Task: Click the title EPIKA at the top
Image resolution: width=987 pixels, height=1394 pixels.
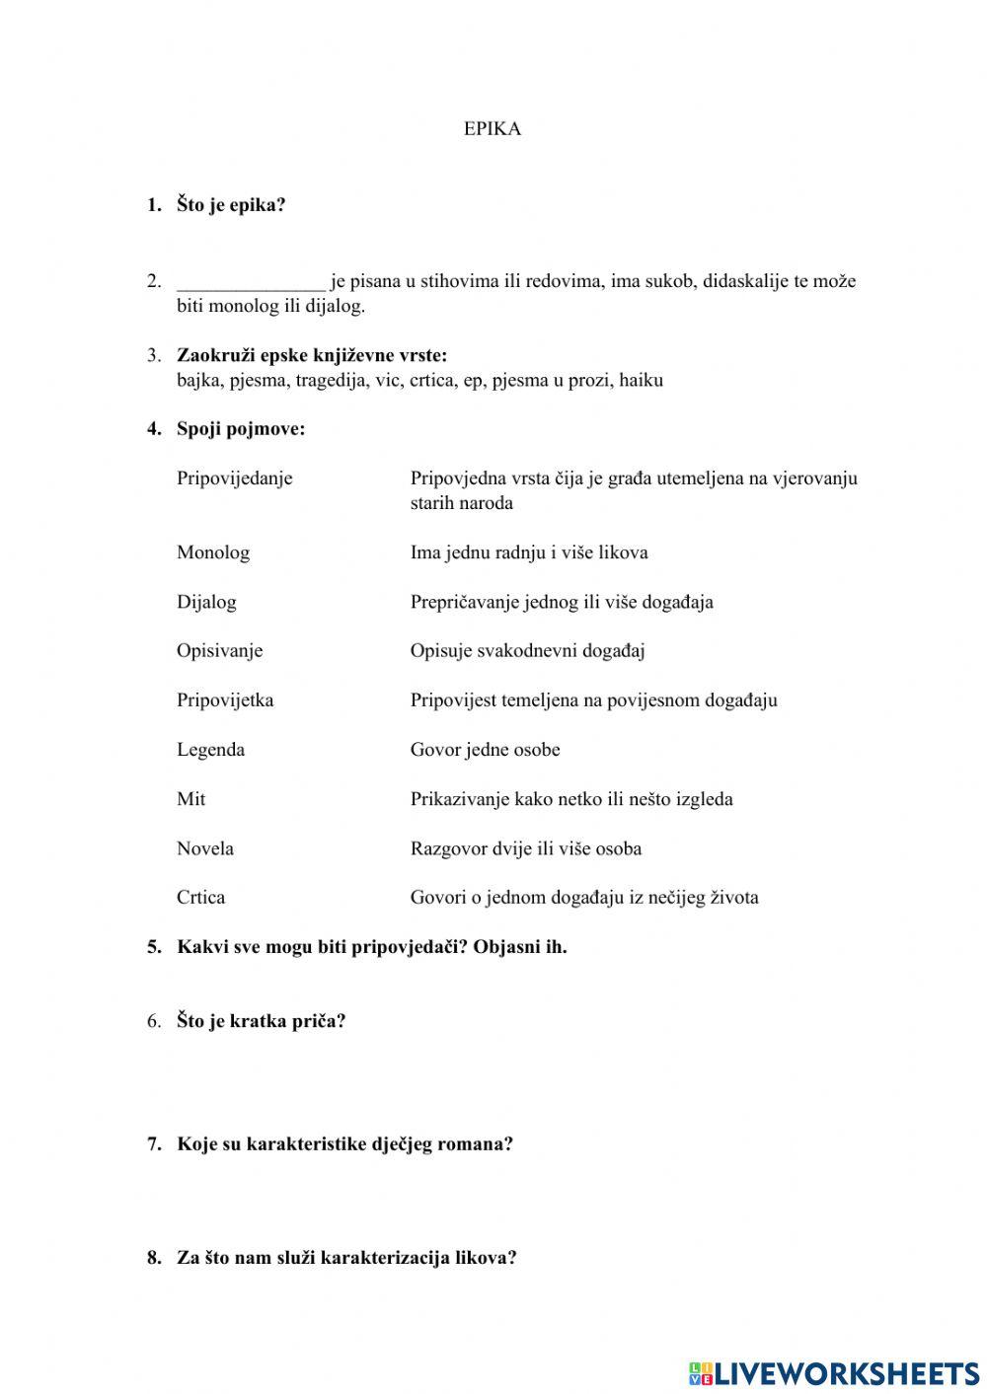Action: coord(492,129)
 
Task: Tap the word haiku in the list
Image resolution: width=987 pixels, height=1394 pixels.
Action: coord(641,381)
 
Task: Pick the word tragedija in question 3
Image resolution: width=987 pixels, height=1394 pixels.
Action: coord(331,381)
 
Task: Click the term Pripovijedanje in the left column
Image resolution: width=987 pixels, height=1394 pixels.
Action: coord(234,478)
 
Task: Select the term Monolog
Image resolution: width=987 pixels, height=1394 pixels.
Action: coord(212,552)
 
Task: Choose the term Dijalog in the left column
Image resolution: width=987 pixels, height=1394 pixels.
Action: coord(206,602)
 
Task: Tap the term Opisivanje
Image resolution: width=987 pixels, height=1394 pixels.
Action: coord(219,651)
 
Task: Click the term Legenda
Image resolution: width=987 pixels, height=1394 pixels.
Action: coord(210,750)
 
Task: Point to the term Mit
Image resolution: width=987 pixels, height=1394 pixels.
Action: coord(190,799)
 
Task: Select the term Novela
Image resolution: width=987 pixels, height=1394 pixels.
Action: coord(204,848)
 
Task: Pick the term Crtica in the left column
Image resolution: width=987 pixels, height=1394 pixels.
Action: coord(200,898)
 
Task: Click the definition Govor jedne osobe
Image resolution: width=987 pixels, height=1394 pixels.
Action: coord(485,750)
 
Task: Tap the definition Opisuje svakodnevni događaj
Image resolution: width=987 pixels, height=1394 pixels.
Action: coord(527,651)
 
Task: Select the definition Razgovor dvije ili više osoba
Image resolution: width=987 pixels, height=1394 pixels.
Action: coord(525,848)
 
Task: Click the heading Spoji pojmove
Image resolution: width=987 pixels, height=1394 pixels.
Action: coord(241,429)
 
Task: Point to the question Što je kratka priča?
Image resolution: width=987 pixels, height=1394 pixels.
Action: coord(261,1021)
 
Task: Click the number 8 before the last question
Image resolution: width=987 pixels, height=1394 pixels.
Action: coord(154,1258)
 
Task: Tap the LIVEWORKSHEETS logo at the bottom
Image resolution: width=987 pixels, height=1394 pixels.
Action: coord(833,1372)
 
